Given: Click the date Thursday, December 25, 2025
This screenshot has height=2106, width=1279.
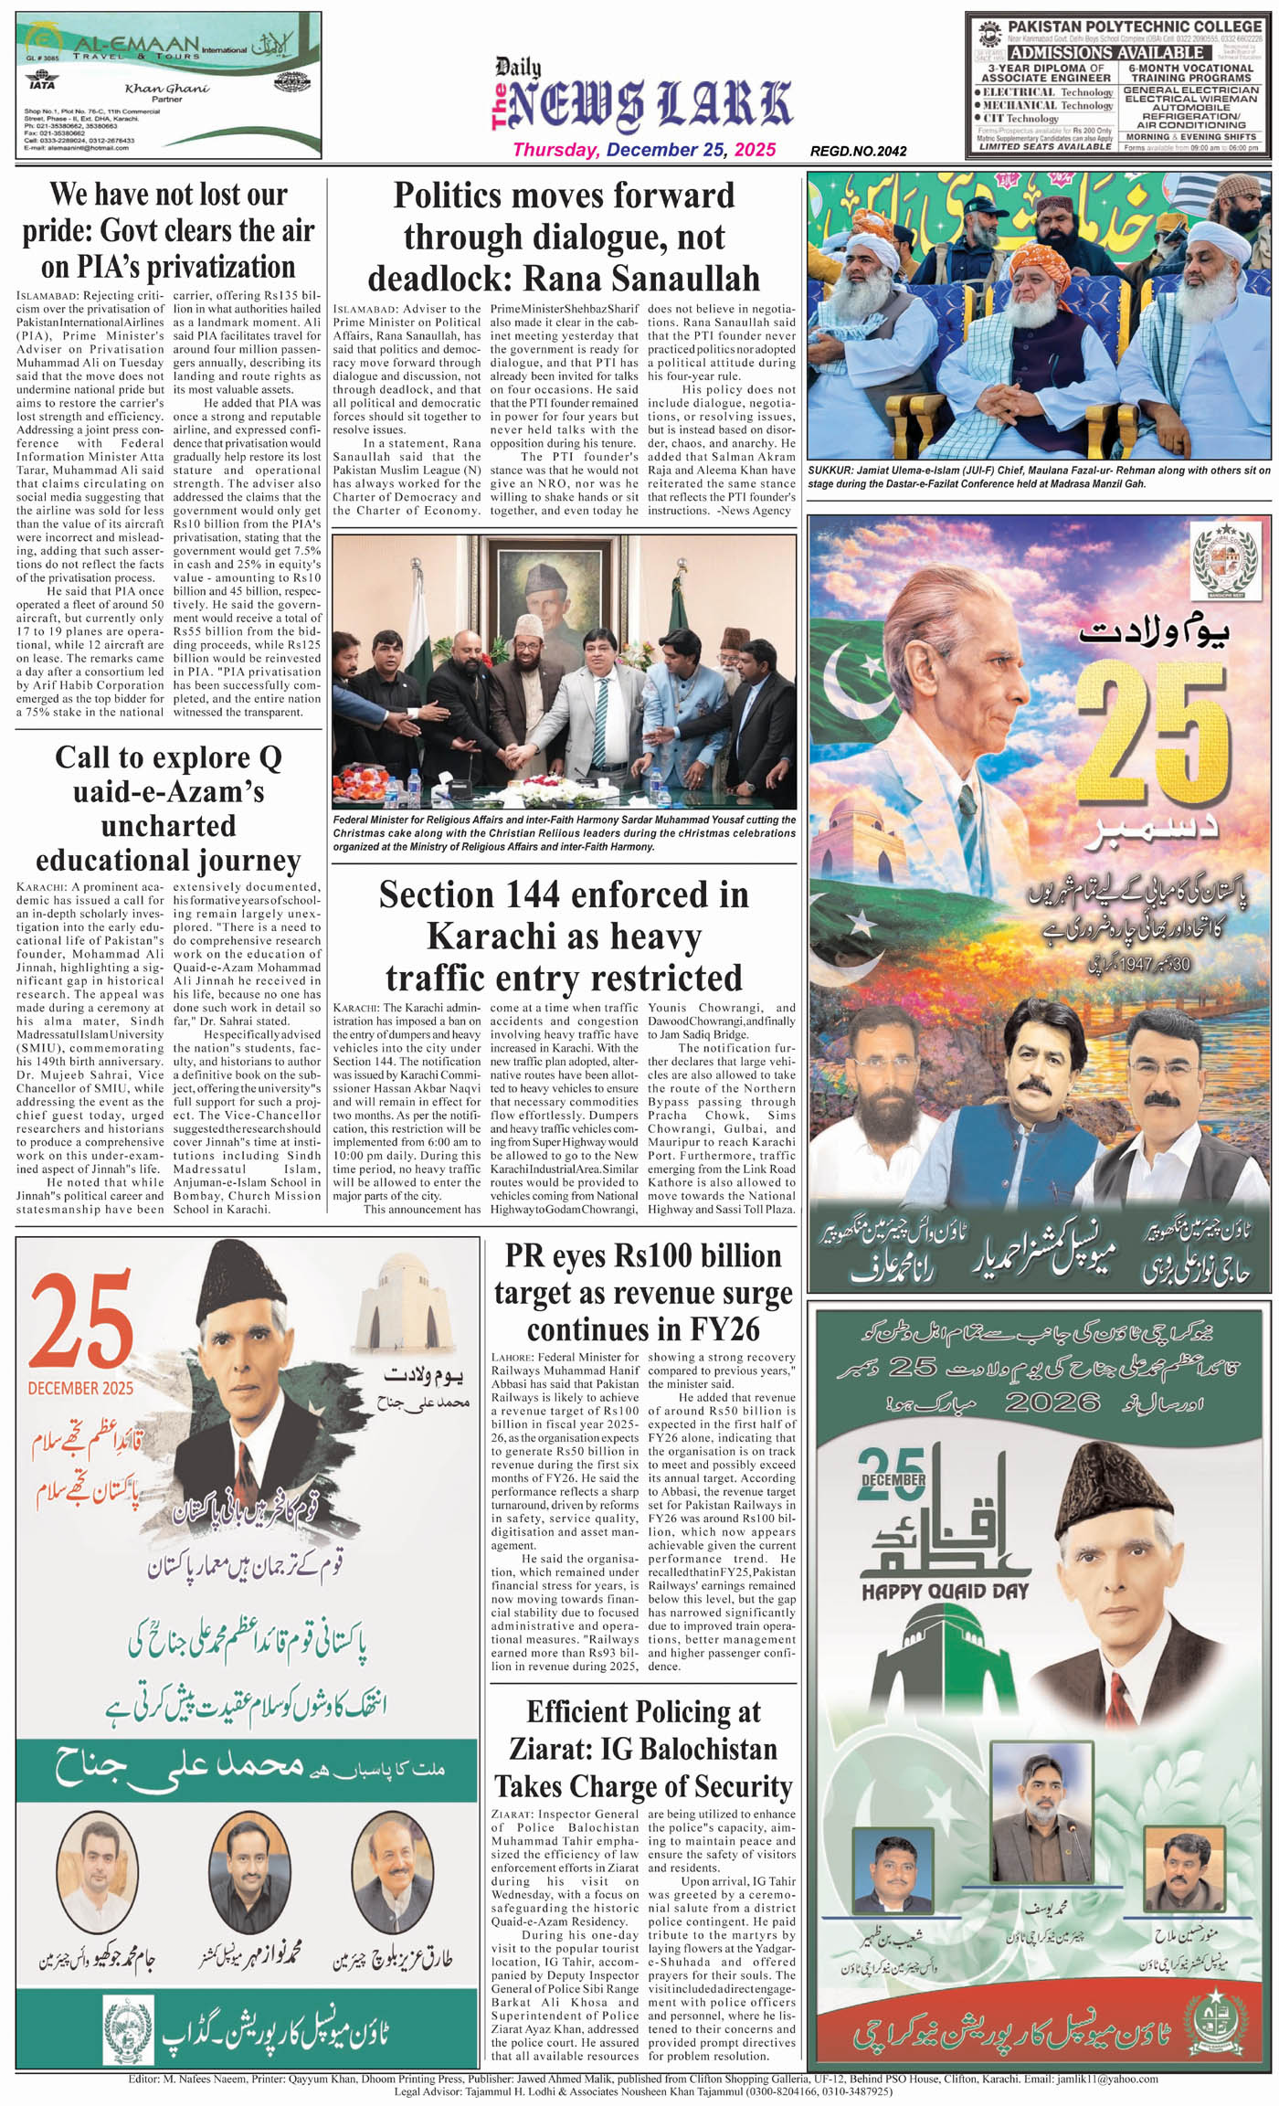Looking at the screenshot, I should tap(644, 150).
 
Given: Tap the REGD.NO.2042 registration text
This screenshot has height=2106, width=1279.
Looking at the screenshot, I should tap(858, 152).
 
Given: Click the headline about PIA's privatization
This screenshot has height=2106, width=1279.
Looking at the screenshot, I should tap(168, 230).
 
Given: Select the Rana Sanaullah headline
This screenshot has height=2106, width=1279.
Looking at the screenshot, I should tap(564, 237).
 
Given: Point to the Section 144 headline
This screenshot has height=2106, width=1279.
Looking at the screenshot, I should tap(564, 936).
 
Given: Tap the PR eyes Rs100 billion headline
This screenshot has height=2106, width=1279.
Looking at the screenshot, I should tap(643, 1292).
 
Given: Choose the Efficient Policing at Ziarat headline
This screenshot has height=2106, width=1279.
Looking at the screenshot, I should tap(643, 1748).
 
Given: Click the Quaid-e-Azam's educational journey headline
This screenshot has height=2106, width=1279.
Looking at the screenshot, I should tap(168, 809).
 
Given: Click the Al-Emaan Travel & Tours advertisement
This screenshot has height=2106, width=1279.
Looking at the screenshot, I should tap(168, 85).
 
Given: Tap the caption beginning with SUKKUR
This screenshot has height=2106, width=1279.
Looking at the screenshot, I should tap(1039, 477).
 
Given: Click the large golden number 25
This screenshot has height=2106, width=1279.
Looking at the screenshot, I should tap(1153, 744).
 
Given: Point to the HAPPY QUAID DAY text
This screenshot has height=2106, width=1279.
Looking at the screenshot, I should tap(945, 1592).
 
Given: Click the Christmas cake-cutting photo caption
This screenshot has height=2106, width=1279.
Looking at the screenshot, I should tap(564, 833).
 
